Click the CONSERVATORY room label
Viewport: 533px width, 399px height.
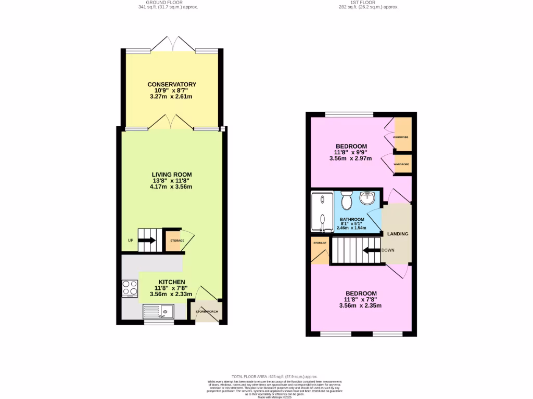(x=172, y=84)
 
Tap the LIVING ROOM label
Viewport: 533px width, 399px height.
(x=172, y=175)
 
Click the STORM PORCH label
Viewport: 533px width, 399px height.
(x=207, y=312)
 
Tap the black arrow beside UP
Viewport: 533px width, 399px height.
(x=148, y=241)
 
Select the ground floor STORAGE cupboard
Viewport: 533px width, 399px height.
(x=174, y=241)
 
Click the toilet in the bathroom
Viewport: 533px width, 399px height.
(x=347, y=199)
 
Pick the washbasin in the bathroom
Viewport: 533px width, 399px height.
(x=368, y=198)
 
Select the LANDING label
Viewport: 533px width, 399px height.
(x=398, y=234)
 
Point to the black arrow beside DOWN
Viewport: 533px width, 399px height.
(x=372, y=250)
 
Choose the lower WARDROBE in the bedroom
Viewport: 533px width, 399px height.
(x=402, y=164)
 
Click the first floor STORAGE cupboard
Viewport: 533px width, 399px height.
(x=320, y=249)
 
